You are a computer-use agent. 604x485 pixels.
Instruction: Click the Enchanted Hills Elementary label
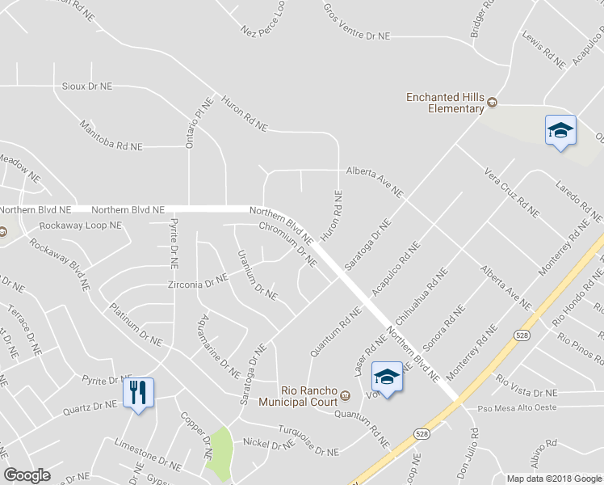pos(445,103)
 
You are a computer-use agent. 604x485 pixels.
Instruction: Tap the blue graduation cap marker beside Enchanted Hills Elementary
pos(560,132)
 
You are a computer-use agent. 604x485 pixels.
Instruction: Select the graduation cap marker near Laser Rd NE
pos(387,377)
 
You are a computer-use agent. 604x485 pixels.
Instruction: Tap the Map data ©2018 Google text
pos(553,479)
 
